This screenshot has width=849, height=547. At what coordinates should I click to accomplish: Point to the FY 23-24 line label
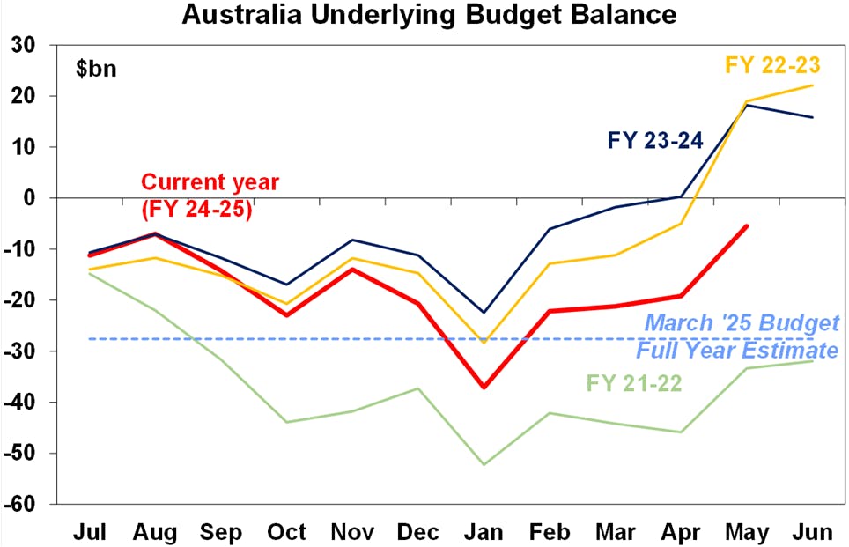tap(654, 140)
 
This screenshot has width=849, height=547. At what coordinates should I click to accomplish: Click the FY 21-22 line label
tap(634, 383)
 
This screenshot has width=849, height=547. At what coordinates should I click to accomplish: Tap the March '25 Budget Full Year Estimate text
tap(737, 336)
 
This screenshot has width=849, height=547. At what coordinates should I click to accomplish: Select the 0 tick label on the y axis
tap(41, 198)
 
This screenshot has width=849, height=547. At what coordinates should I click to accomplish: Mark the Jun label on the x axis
tap(811, 532)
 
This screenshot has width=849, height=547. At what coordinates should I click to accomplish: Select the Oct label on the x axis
tap(287, 532)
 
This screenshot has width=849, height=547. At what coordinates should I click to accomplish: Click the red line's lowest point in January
tap(484, 388)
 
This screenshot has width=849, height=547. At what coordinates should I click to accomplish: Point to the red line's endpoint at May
tap(747, 226)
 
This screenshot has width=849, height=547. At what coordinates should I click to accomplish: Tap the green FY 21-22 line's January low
tap(484, 464)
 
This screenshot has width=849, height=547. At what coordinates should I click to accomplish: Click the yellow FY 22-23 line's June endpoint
tap(811, 85)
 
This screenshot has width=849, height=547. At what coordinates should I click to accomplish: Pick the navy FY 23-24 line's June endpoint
tap(811, 117)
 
